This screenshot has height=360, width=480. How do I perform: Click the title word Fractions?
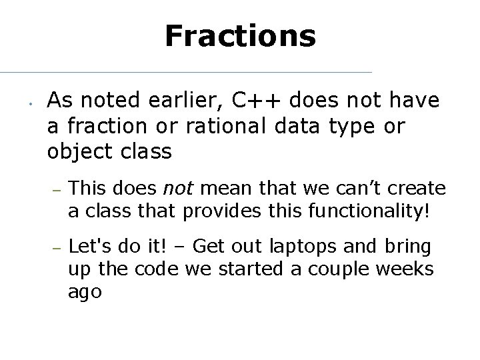click(240, 36)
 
